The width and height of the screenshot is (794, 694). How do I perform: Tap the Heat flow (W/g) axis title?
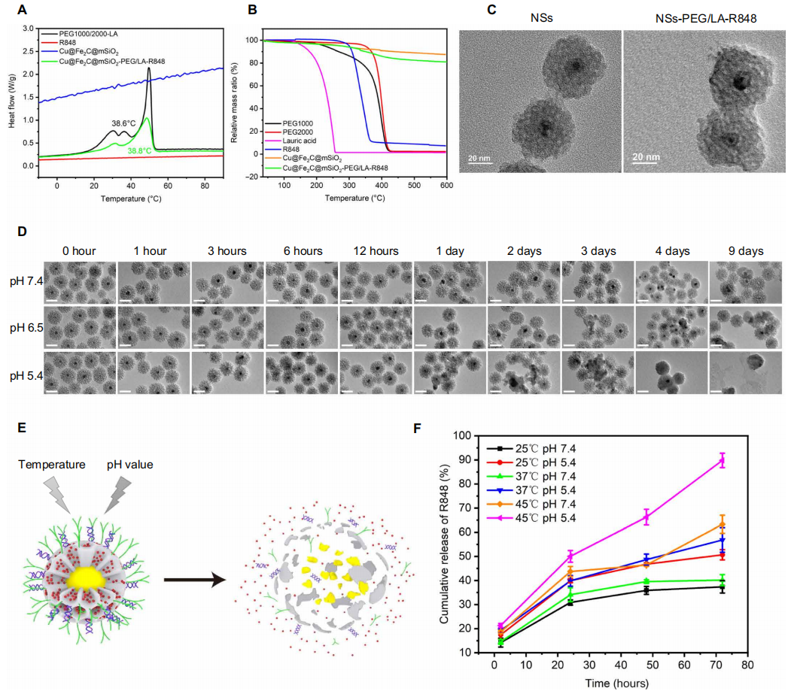coord(11,96)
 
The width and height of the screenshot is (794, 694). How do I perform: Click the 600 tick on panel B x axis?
coord(446,185)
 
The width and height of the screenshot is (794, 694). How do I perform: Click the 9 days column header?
coord(745,250)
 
